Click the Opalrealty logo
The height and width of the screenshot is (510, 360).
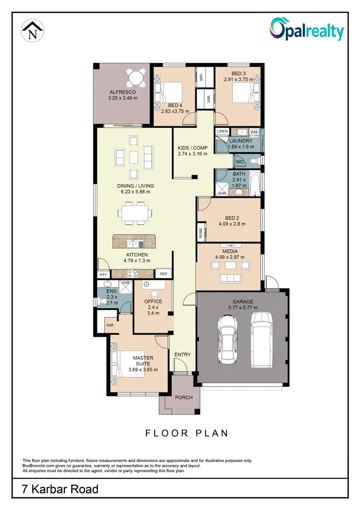coord(307,30)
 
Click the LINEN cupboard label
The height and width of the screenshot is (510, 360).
coord(222,131)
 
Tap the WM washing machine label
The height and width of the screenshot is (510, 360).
coord(254,131)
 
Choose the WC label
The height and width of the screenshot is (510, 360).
coord(240,162)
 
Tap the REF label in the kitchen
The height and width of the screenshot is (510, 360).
coord(163,274)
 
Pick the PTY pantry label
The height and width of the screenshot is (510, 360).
coord(103,274)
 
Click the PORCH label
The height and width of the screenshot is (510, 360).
coord(183,398)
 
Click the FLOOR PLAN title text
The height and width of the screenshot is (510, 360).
coord(187,433)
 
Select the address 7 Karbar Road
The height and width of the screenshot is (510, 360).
coord(60,489)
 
